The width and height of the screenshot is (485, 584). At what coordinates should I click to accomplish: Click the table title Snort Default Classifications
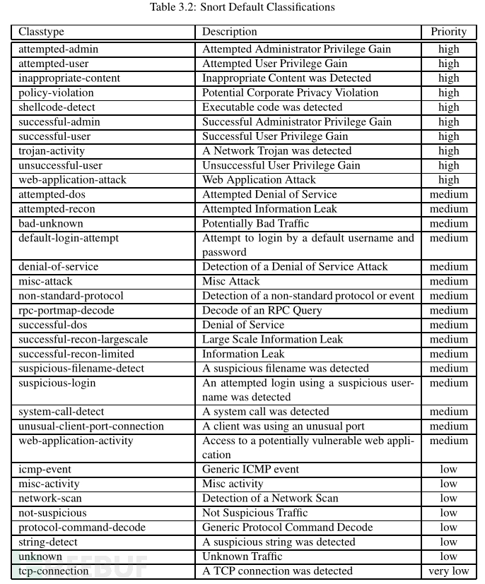(242, 8)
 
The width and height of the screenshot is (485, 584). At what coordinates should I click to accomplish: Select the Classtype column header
(41, 32)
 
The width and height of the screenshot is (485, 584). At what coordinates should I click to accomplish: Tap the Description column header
(230, 32)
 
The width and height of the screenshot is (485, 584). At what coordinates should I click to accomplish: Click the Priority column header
(448, 32)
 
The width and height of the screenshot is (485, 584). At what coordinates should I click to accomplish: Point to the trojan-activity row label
(52, 151)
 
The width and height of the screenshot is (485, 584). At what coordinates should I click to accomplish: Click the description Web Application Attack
(259, 180)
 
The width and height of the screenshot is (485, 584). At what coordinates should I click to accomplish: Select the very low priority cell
(448, 571)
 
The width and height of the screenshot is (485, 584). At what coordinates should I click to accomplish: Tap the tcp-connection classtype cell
(54, 571)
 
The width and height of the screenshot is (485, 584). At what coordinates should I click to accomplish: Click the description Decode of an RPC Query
(262, 311)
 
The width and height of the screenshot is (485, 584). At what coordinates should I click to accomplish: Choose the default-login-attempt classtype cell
(69, 238)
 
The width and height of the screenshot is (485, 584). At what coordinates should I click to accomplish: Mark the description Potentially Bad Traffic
(255, 224)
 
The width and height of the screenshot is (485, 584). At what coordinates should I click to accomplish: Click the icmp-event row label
(45, 470)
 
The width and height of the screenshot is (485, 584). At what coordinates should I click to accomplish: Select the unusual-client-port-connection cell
(91, 427)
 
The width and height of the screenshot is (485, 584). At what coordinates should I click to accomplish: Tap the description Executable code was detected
(272, 107)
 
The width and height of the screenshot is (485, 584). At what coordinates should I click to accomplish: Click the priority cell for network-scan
(448, 499)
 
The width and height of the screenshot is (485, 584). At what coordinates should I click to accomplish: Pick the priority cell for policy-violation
(448, 93)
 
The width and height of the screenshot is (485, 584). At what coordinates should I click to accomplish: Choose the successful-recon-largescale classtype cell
(83, 340)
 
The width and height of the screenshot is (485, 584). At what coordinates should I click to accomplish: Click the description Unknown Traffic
(242, 556)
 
